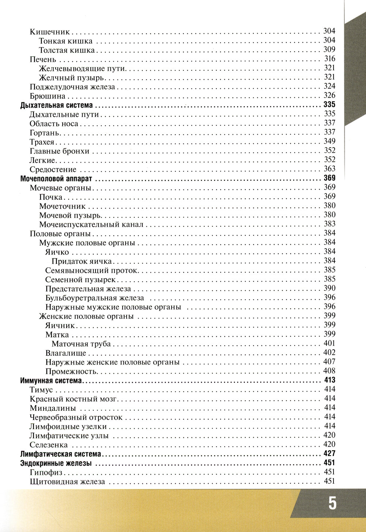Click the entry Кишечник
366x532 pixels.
coord(50,32)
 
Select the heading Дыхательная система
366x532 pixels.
coord(56,105)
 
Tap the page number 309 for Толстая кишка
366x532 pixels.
coord(329,49)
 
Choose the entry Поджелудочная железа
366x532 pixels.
coord(72,87)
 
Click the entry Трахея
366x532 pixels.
coord(42,142)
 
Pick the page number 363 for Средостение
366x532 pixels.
coord(329,169)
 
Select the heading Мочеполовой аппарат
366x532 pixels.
coord(56,179)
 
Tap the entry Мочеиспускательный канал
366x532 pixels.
coord(91,224)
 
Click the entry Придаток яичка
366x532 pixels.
coord(82,261)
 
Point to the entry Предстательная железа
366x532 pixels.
coord(88,289)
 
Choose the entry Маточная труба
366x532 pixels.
coord(81,344)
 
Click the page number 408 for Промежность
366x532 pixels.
coord(329,371)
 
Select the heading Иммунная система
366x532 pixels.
coord(51,381)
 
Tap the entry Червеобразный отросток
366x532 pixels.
coord(76,417)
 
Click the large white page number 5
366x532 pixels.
coord(332,503)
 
